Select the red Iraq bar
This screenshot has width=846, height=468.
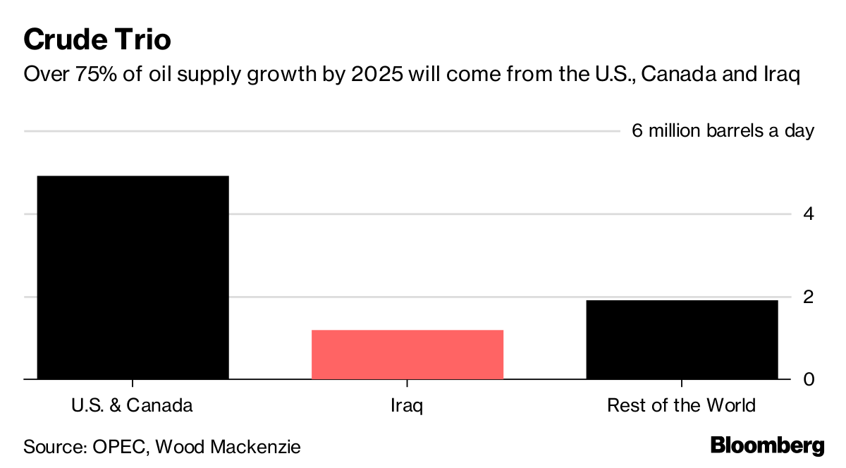407,355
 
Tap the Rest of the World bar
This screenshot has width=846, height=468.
682,340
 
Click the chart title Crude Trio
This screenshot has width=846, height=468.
97,39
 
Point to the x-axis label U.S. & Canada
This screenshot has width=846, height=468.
132,406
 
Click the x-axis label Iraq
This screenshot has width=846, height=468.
407,406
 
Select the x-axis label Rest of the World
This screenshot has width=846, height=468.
681,406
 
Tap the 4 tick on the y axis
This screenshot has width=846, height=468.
809,214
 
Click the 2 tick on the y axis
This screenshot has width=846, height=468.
809,296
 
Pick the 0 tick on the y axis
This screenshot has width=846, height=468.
809,379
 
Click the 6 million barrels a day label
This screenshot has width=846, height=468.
723,131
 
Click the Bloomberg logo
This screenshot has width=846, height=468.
766,445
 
